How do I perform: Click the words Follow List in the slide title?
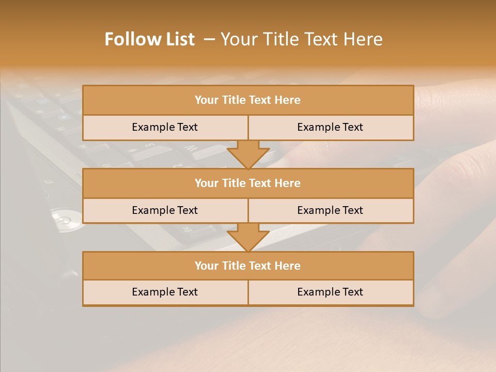(149, 39)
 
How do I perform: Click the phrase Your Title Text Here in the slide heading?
(301, 39)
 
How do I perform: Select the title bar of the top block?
(248, 100)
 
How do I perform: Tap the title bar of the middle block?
(248, 183)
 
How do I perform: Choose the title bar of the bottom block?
(248, 266)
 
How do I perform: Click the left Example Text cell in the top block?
(165, 127)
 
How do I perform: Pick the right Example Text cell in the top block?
(330, 127)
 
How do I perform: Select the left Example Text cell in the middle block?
(165, 210)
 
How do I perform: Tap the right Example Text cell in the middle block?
(330, 210)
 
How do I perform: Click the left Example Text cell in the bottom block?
(165, 292)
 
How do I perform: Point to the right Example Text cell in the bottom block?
(330, 292)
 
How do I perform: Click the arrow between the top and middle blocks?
(248, 155)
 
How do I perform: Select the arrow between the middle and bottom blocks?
(248, 238)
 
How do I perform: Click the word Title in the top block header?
(234, 100)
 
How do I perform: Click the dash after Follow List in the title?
(209, 39)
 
